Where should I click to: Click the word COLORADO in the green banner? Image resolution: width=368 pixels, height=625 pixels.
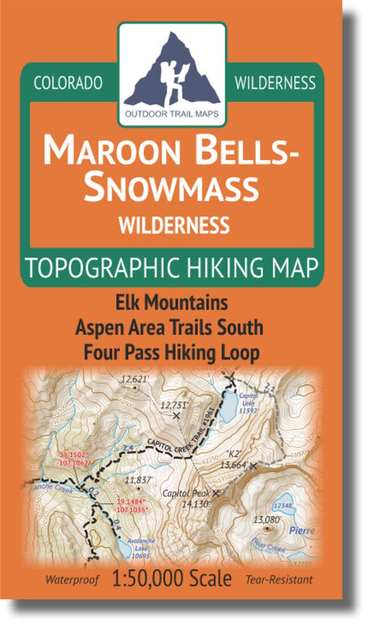click(68, 83)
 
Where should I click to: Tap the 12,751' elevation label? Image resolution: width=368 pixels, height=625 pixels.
click(174, 406)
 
